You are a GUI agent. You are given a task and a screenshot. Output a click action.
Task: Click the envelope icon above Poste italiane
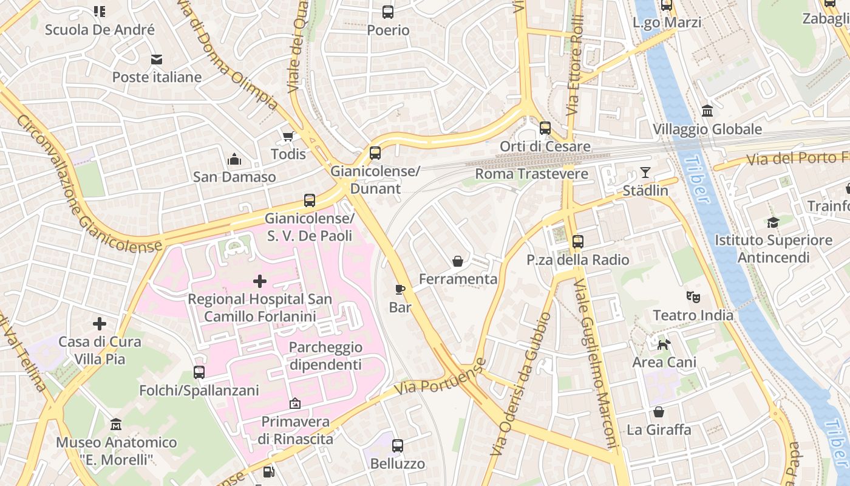pyautogui.click(x=157, y=60)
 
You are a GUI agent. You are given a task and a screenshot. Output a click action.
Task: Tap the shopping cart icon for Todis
pyautogui.click(x=288, y=136)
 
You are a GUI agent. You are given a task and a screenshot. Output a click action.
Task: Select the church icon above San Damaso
pyautogui.click(x=234, y=160)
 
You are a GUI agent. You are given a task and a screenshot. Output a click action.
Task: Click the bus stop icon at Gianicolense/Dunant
pyautogui.click(x=375, y=153)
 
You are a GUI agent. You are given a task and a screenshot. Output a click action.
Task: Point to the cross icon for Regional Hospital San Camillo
pyautogui.click(x=260, y=281)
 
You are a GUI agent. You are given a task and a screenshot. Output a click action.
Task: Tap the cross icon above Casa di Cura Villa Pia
pyautogui.click(x=100, y=324)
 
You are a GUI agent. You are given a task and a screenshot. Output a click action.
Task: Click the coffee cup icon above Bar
pyautogui.click(x=399, y=289)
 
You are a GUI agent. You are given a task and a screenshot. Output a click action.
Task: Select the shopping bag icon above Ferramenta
pyautogui.click(x=458, y=261)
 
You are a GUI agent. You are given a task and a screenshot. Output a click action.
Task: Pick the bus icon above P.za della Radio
pyautogui.click(x=577, y=242)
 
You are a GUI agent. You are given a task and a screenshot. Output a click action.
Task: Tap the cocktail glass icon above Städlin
pyautogui.click(x=645, y=173)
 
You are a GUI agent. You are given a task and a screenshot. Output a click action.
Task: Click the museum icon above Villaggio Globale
pyautogui.click(x=707, y=111)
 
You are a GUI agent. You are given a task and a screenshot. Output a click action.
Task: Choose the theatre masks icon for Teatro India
pyautogui.click(x=693, y=297)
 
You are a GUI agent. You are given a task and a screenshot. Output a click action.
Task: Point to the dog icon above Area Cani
pyautogui.click(x=664, y=344)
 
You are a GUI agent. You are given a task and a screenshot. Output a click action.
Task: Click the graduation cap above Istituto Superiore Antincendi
pyautogui.click(x=773, y=222)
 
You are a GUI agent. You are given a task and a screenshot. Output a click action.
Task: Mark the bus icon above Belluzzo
pyautogui.click(x=398, y=446)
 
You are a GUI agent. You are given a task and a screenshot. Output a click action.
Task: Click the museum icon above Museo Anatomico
pyautogui.click(x=116, y=424)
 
